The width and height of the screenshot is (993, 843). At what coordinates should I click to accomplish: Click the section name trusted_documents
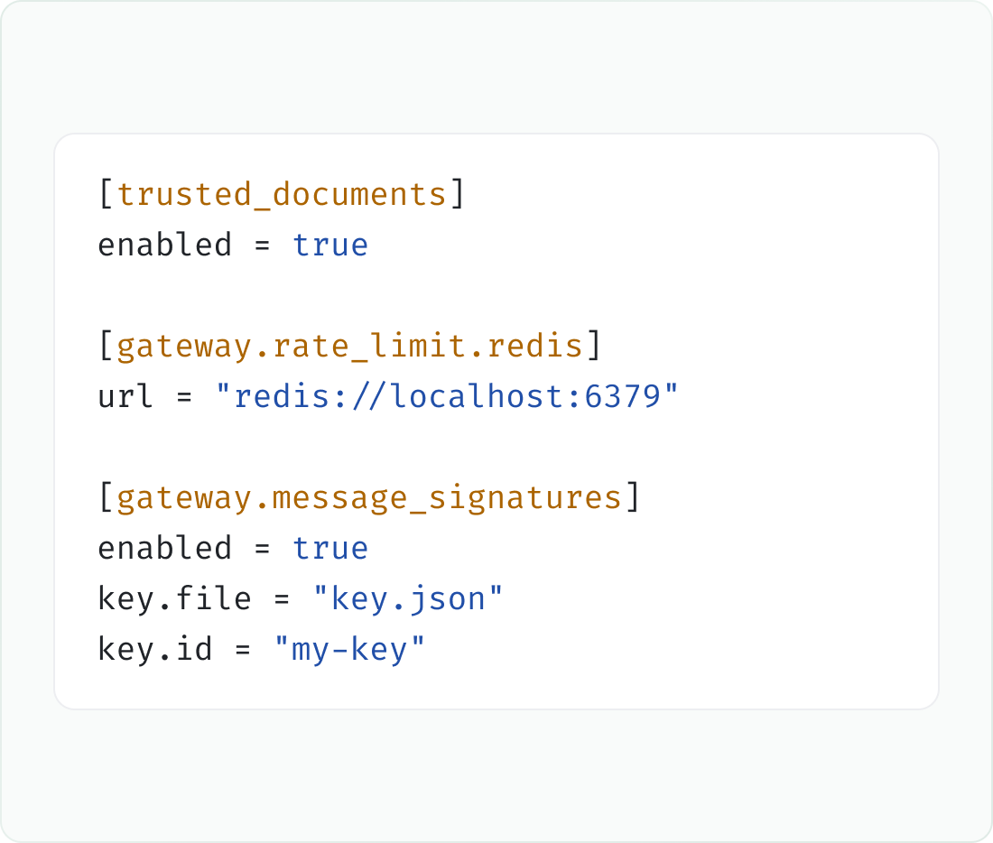(282, 194)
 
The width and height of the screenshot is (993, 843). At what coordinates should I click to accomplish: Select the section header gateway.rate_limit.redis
(349, 347)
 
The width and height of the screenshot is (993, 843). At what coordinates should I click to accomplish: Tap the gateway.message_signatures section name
(369, 498)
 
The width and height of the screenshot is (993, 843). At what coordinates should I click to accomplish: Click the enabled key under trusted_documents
(164, 245)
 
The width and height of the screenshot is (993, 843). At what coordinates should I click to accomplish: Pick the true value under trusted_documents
(329, 245)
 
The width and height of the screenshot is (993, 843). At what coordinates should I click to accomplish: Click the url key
(125, 396)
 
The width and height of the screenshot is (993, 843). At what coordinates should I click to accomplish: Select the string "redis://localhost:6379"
(447, 396)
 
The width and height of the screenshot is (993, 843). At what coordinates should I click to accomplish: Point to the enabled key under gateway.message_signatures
(164, 548)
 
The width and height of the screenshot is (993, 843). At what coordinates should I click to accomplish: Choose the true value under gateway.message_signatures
(329, 549)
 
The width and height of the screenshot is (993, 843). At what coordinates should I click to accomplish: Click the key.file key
(174, 598)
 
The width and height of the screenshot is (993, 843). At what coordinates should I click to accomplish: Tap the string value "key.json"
(408, 599)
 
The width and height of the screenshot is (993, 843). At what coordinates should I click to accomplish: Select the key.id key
(154, 649)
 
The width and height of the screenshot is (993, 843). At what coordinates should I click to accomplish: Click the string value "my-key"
(349, 650)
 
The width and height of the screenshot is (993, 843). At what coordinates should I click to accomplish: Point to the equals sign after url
(184, 397)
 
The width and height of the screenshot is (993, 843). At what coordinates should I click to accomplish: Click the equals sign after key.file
(282, 599)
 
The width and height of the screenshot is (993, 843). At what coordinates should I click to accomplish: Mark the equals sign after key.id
(243, 650)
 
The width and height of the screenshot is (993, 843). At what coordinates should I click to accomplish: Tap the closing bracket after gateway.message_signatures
(633, 497)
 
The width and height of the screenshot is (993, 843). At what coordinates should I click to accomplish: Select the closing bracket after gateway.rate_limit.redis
(593, 345)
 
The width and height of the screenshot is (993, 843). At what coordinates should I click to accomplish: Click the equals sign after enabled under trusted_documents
(262, 245)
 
